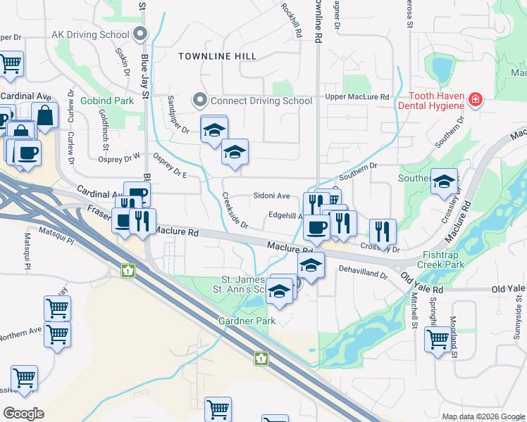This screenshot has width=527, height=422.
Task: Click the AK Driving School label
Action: tap(91, 33)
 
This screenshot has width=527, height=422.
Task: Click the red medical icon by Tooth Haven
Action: tap(476, 100)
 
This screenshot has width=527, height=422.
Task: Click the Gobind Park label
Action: tap(107, 101)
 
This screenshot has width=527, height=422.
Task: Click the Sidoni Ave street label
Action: tap(271, 196)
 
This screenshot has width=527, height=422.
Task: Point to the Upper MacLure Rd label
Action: tap(357, 96)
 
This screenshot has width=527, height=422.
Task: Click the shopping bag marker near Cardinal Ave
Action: tap(44, 115)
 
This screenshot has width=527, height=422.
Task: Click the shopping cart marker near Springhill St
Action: tap(438, 340)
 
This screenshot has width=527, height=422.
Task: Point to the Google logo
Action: tap(24, 414)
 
